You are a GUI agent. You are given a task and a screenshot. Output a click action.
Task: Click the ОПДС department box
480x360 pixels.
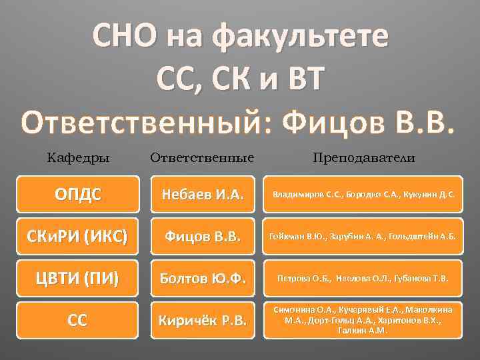[79, 195]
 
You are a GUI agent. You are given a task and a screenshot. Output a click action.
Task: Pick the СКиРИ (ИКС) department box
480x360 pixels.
[79, 236]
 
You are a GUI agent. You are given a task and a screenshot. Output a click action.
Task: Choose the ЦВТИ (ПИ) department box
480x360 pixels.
[79, 277]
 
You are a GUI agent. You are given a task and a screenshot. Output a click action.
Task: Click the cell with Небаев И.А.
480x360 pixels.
[203, 195]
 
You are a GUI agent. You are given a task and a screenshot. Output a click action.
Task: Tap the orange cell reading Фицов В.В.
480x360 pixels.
[203, 236]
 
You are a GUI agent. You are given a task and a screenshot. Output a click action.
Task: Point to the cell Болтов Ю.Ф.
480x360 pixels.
[203, 277]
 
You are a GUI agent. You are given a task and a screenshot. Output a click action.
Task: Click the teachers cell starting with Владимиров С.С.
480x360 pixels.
[363, 195]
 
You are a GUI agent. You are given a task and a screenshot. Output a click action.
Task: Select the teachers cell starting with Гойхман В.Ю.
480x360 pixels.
[363, 236]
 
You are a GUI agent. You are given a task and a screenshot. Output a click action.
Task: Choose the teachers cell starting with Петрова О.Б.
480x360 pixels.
[363, 277]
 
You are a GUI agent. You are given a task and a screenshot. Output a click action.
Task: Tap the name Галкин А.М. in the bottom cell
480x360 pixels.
[363, 331]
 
